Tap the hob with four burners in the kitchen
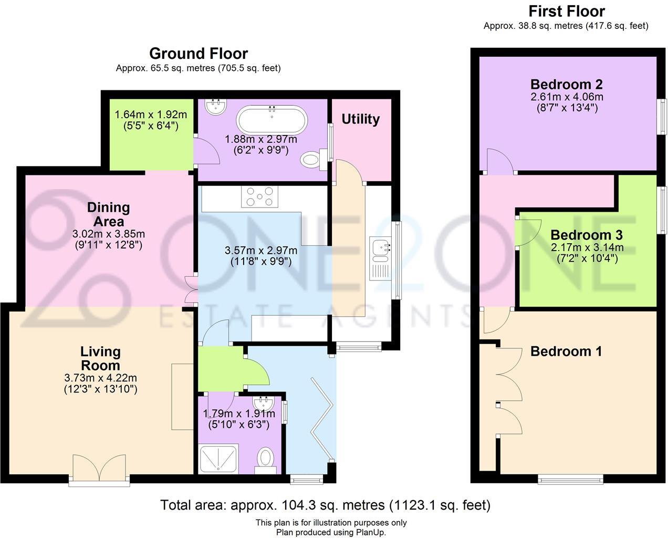[x=257, y=197]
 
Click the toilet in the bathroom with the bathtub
[x=312, y=157]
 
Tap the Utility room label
[x=360, y=119]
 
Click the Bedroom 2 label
[x=566, y=84]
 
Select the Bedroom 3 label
[x=586, y=235]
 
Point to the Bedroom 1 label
[x=566, y=351]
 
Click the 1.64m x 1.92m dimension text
[x=151, y=115]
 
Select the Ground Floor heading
[x=198, y=54]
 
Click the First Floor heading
[x=566, y=11]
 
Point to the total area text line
[x=325, y=505]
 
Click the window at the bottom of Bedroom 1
[x=570, y=478]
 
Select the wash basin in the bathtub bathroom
[x=216, y=107]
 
